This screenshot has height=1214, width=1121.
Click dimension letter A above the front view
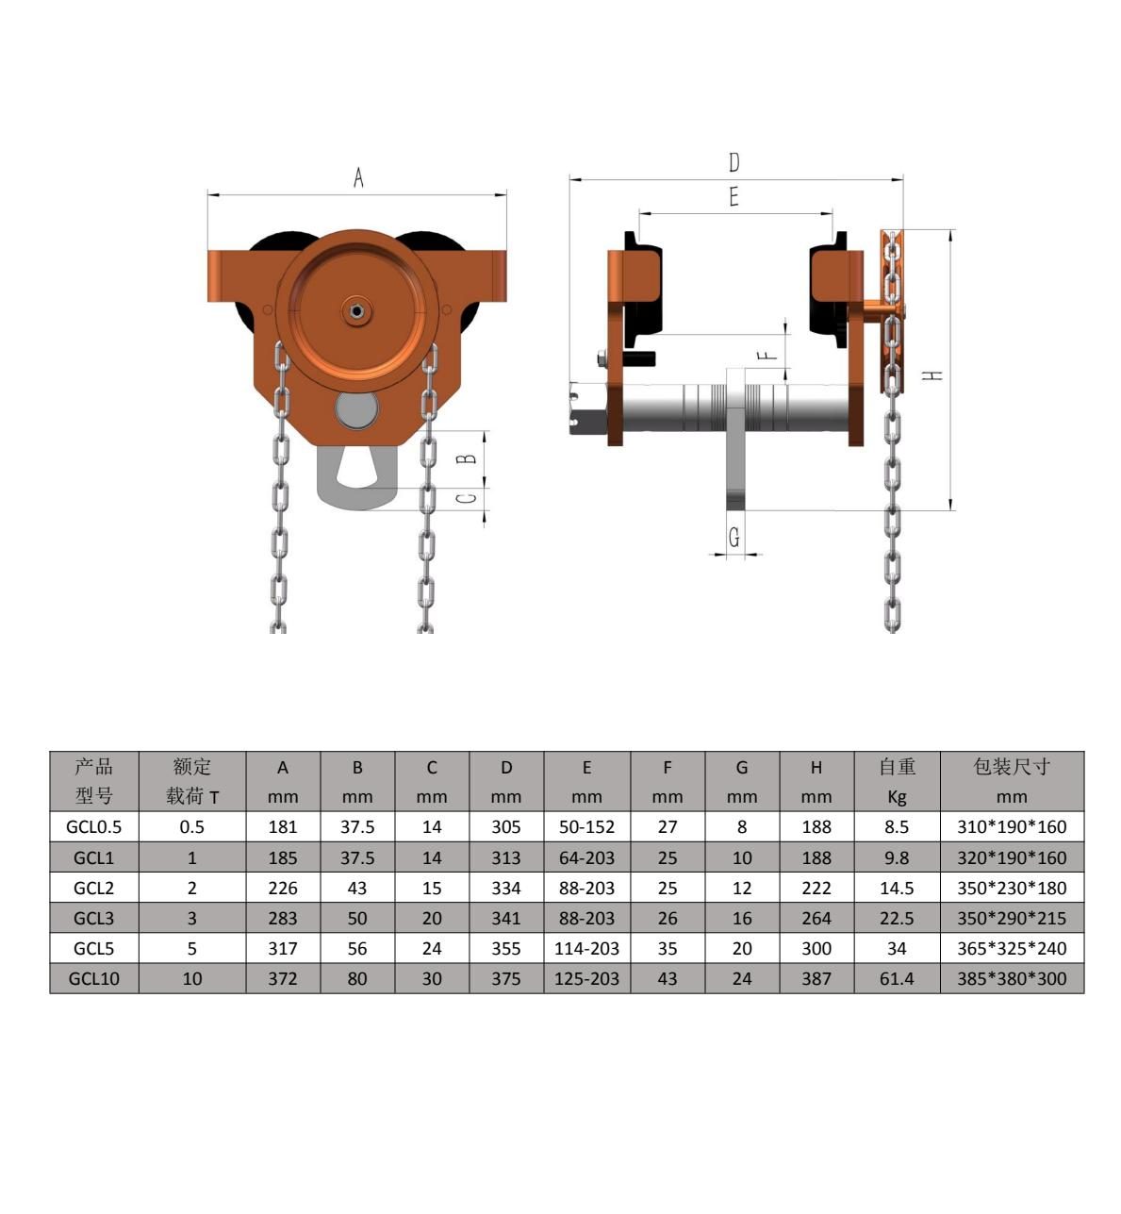[358, 177]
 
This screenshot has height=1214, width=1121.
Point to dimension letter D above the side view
[734, 162]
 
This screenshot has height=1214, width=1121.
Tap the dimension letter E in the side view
[734, 197]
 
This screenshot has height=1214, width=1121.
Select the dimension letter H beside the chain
[932, 374]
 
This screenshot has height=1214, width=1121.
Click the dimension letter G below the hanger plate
[734, 538]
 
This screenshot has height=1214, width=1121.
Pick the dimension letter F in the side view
[767, 356]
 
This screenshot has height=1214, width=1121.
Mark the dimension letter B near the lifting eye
[467, 457]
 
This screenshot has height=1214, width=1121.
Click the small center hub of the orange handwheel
[357, 311]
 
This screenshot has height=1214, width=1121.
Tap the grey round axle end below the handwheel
[356, 409]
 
